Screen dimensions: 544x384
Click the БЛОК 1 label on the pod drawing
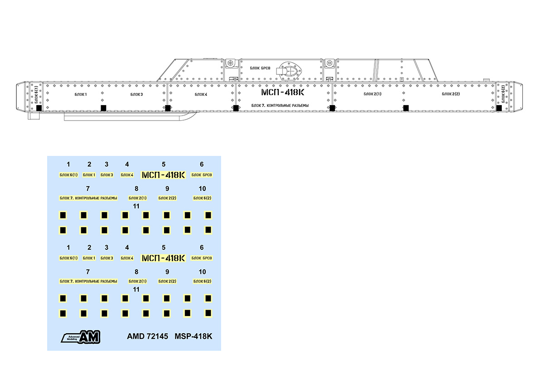click(x=81, y=94)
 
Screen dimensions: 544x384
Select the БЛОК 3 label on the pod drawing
click(x=136, y=94)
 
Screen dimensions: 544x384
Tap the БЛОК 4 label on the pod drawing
click(x=201, y=94)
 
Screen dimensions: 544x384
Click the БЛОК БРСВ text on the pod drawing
click(x=260, y=68)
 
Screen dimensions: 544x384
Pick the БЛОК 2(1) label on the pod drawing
click(x=372, y=94)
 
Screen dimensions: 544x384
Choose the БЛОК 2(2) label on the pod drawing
click(x=451, y=94)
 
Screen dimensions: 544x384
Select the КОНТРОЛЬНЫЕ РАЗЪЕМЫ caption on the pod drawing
click(x=280, y=106)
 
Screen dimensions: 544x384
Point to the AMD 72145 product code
click(x=148, y=336)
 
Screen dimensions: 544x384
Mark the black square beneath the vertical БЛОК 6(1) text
click(x=39, y=108)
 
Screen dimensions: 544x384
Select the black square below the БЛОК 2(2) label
click(x=406, y=107)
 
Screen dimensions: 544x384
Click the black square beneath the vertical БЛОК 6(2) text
click(x=499, y=108)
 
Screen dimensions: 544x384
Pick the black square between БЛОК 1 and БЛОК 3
click(x=103, y=107)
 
